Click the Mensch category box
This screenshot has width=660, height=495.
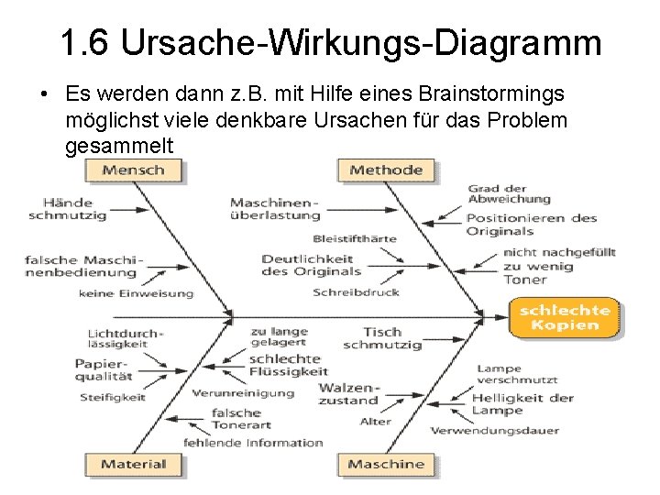[x=134, y=170]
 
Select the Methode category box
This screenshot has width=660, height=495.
[x=386, y=170]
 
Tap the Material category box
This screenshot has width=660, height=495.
[x=134, y=464]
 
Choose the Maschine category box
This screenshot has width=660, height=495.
[x=386, y=464]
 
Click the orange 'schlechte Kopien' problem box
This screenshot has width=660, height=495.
[x=565, y=317]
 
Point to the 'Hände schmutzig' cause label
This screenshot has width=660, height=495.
[x=68, y=208]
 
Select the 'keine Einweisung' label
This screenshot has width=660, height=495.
[x=136, y=294]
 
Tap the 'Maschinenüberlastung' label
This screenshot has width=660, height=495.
[x=275, y=209]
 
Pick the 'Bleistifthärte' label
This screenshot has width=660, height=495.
[x=355, y=238]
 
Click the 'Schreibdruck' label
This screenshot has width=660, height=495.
[x=356, y=293]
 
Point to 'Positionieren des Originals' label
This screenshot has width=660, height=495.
[x=531, y=225]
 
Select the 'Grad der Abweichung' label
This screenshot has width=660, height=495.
[x=509, y=193]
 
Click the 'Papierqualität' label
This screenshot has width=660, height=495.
[x=104, y=369]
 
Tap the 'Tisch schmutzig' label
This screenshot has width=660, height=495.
[x=382, y=338]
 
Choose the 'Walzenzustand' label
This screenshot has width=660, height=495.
[x=348, y=394]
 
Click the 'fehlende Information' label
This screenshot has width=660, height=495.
[x=254, y=443]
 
